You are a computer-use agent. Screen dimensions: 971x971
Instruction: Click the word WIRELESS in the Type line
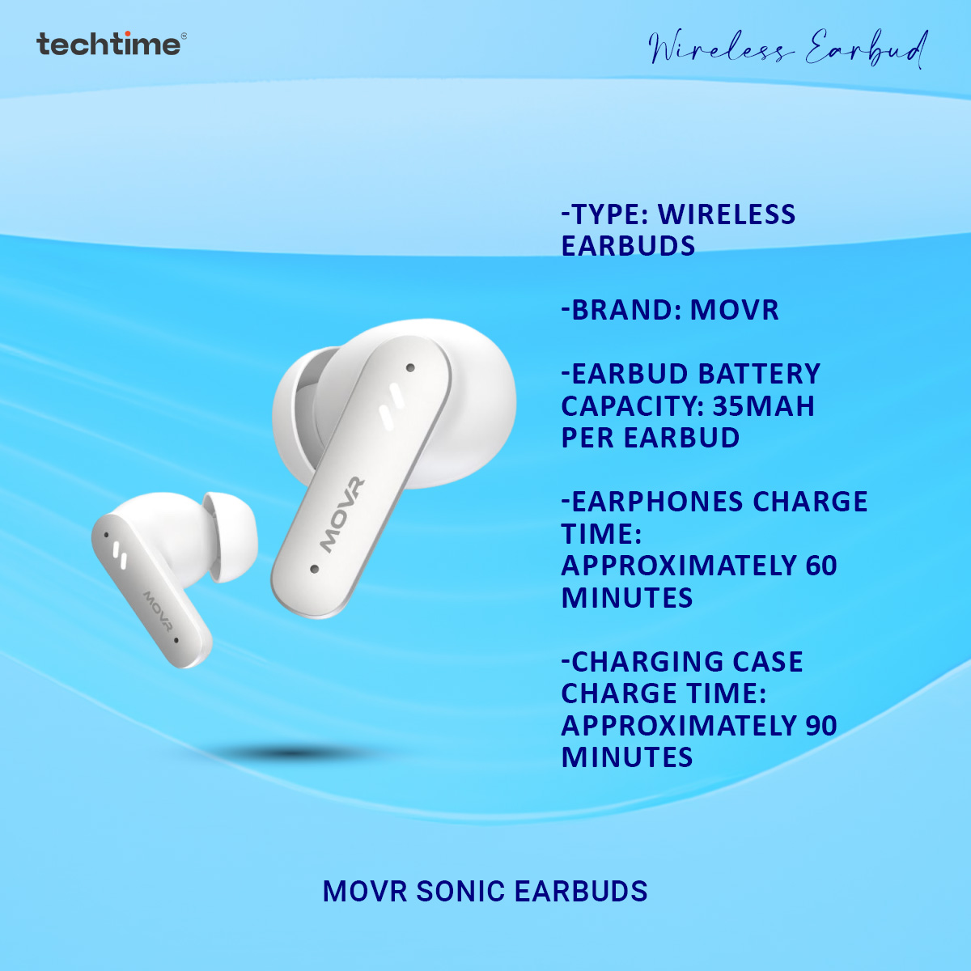click(x=727, y=214)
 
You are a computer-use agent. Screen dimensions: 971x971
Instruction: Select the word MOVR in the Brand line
click(x=735, y=310)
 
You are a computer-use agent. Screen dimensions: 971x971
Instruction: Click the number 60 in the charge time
click(x=820, y=566)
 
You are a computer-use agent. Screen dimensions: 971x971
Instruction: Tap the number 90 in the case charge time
click(x=820, y=726)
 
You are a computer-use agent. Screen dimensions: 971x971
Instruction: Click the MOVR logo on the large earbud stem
click(x=342, y=515)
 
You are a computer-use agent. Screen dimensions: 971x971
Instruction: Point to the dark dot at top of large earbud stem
click(x=410, y=367)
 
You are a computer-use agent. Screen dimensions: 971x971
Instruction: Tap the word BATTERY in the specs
click(x=758, y=374)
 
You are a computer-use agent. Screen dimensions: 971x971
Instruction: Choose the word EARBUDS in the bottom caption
click(x=581, y=892)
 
